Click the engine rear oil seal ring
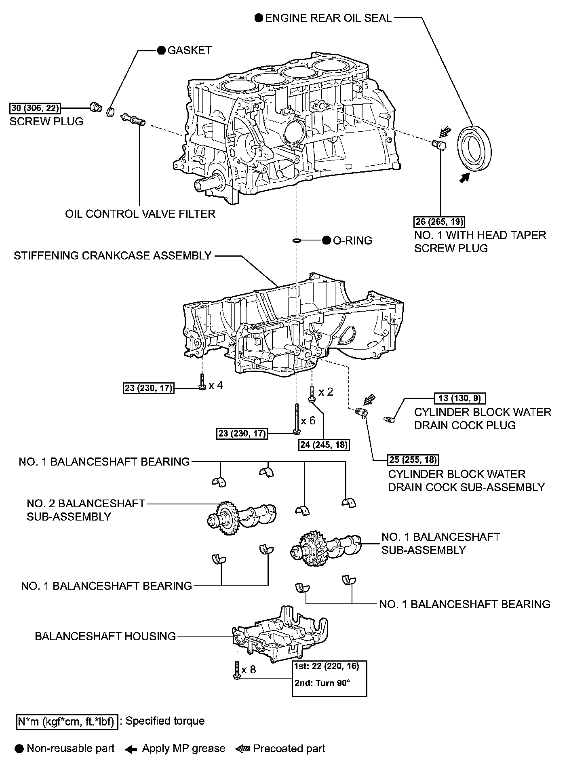[475, 150]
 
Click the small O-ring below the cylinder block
[297, 241]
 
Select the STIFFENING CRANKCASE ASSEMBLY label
[113, 256]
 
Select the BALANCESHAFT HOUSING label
[105, 636]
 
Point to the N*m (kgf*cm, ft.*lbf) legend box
[67, 721]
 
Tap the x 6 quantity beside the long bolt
[308, 420]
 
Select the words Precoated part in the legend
[289, 748]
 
